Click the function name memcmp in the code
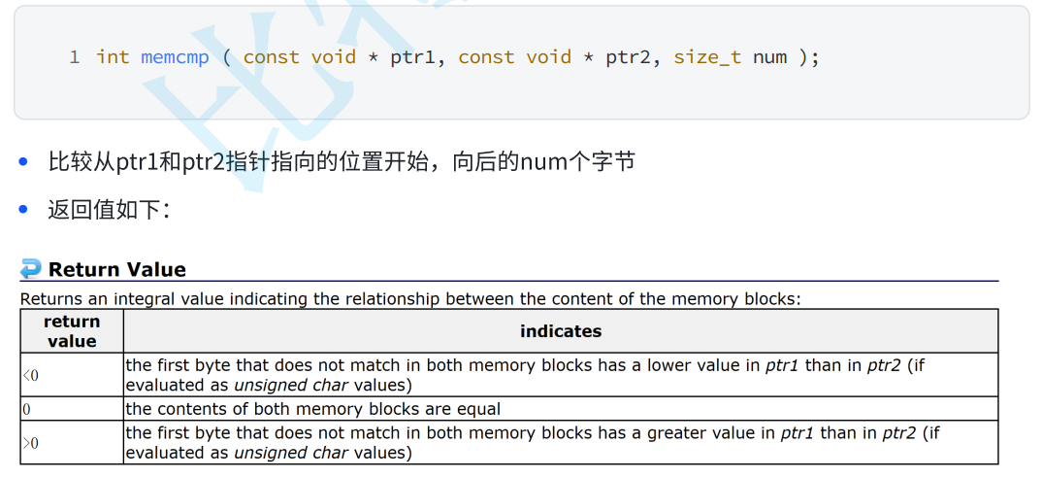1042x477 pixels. pos(175,57)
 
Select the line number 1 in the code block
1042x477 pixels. pos(75,57)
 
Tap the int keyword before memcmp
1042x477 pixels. pos(113,57)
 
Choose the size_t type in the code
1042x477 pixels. pos(707,57)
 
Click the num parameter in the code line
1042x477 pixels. pos(769,57)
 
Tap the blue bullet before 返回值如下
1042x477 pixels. pos(24,209)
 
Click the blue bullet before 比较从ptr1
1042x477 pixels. pos(24,161)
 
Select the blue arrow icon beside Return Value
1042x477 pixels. pos(31,269)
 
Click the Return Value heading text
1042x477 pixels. pos(116,270)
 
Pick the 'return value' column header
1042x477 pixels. pos(72,331)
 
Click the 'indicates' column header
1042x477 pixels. pos(561,331)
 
